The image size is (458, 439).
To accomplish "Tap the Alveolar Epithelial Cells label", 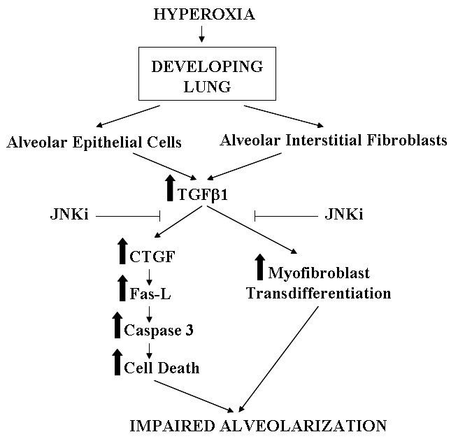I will (94, 143).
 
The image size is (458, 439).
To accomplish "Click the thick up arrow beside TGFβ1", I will (169, 187).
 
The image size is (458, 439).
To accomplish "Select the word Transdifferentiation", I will (318, 294).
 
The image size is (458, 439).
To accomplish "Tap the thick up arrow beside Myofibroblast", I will (260, 266).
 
